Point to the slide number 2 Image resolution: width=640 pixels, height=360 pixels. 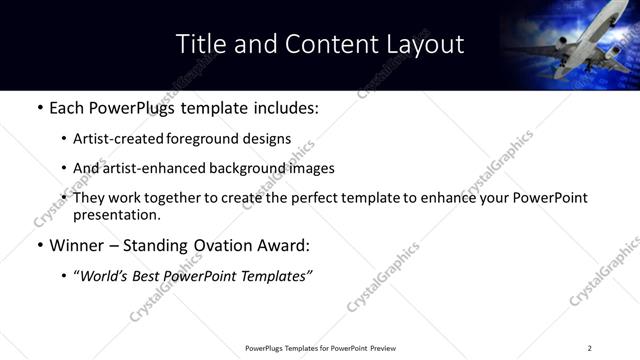[589, 348]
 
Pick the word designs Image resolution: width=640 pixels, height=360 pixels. [267, 139]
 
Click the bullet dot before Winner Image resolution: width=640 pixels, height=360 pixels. [39, 245]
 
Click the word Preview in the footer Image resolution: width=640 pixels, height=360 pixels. [382, 348]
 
